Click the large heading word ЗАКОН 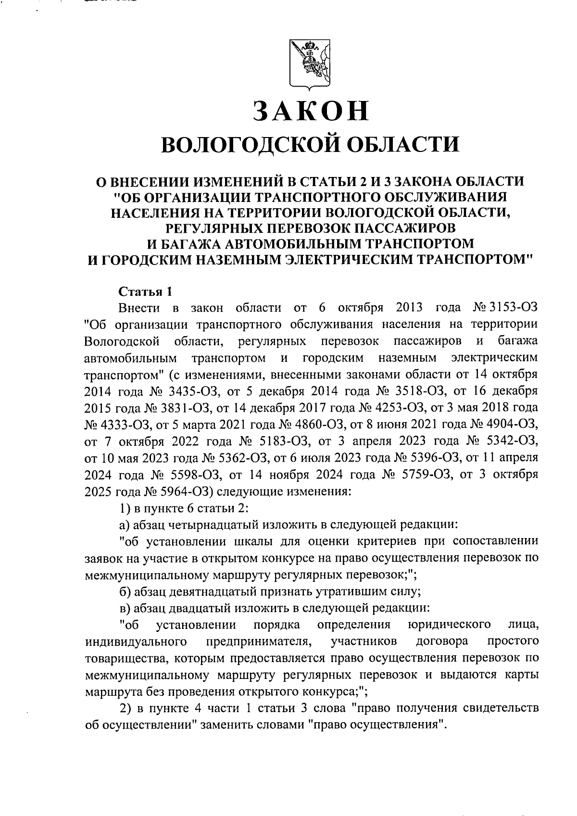[x=311, y=110]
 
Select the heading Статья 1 [x=145, y=291]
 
